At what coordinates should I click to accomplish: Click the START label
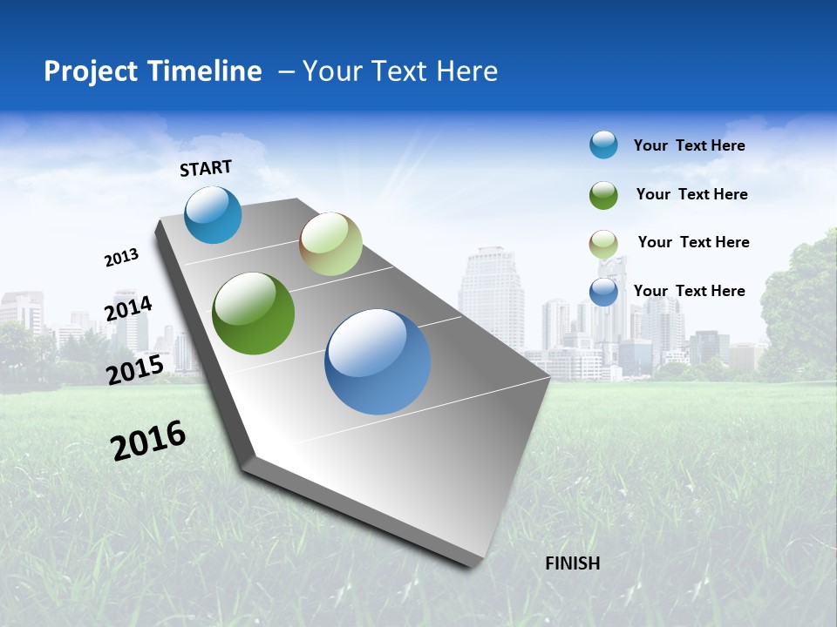tap(206, 168)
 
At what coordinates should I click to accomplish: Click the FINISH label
tap(572, 563)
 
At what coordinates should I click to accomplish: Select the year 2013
tap(121, 258)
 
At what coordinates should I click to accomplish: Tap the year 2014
tap(128, 308)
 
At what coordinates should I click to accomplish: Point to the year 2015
tap(134, 370)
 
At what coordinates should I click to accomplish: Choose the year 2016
tap(148, 441)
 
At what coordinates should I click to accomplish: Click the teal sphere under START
tap(213, 214)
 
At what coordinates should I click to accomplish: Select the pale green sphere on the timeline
tap(330, 244)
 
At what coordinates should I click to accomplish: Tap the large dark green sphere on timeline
tap(253, 313)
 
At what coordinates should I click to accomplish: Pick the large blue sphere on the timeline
tap(377, 361)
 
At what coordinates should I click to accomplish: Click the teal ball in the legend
tap(603, 145)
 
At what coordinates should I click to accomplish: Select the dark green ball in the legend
tap(603, 194)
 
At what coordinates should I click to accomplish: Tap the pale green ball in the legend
tap(603, 243)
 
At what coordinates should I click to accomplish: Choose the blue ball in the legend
tap(603, 292)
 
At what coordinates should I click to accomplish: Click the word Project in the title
tap(89, 71)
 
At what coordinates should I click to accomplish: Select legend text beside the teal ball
tap(689, 145)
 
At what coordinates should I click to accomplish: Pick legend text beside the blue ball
tap(689, 291)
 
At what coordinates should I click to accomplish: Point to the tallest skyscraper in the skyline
tap(491, 296)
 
